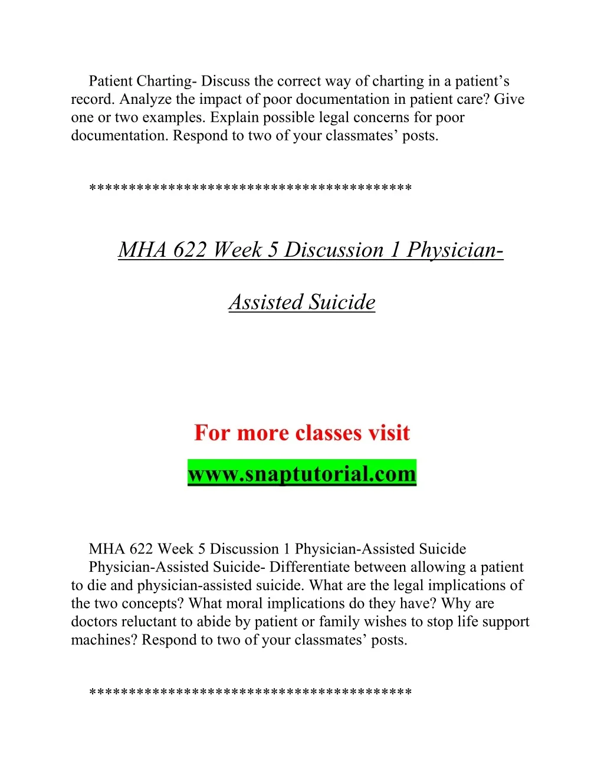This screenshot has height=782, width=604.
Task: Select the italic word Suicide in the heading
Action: tap(342, 302)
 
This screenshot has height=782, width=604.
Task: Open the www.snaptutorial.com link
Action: tap(302, 473)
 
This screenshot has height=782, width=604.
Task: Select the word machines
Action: tap(104, 640)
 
